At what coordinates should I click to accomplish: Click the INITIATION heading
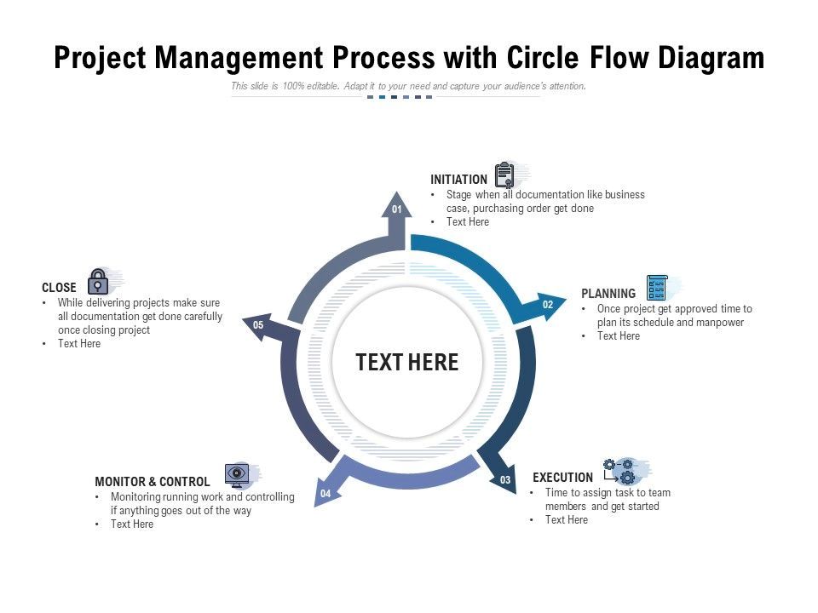tap(458, 180)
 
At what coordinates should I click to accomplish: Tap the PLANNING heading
tap(608, 294)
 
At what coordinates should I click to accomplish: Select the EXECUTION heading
tap(562, 478)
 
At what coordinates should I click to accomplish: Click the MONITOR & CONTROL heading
tap(153, 482)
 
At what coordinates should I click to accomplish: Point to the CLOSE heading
tap(59, 288)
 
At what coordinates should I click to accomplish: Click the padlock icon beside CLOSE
tap(99, 282)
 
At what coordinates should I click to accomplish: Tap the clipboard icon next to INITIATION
tap(505, 175)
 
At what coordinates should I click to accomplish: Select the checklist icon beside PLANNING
tap(657, 288)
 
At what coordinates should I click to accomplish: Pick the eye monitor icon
tap(237, 475)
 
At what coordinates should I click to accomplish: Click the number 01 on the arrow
tap(396, 209)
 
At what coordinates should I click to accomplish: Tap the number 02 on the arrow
tap(548, 305)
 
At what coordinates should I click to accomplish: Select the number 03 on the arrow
tap(505, 480)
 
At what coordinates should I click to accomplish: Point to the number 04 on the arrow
tap(325, 494)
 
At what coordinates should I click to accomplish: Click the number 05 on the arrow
tap(258, 325)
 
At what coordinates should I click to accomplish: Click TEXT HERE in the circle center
tap(407, 363)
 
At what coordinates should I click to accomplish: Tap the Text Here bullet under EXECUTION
tap(567, 520)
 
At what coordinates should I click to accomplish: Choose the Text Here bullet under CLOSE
tap(79, 344)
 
